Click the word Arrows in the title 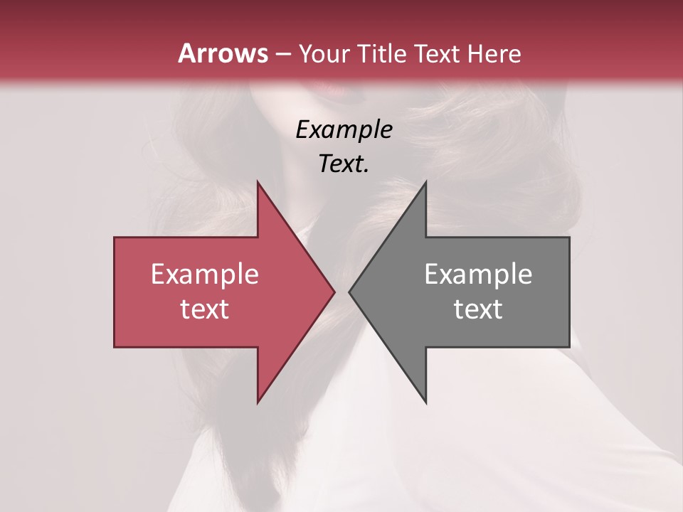pos(223,53)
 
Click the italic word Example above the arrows pos(344,129)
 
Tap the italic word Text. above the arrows pos(344,164)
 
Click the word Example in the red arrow pos(205,274)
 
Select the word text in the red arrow pos(205,309)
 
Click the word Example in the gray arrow pos(478,274)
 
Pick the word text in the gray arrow pos(478,309)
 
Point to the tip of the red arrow pos(334,292)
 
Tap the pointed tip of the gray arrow pos(349,292)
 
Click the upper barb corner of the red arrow pos(258,181)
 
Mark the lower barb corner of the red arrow pos(258,402)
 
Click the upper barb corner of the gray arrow pos(425,181)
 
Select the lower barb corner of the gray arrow pos(425,402)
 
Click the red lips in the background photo pos(335,91)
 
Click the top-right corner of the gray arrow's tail pos(569,238)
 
